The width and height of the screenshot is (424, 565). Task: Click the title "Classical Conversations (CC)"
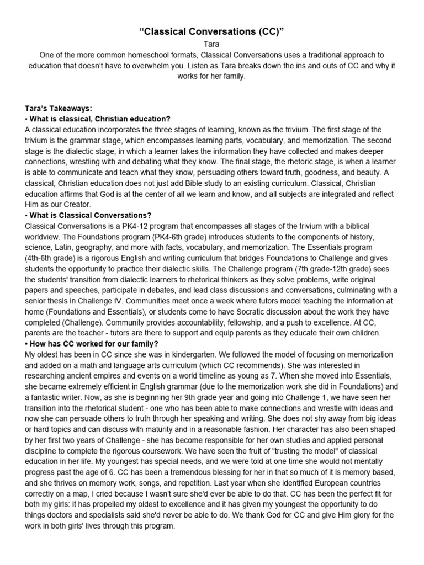[212, 32]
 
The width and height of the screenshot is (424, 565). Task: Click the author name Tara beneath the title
[212, 45]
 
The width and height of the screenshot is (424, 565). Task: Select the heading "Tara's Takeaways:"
[57, 109]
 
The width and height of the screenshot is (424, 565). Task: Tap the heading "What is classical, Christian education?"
[99, 119]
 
